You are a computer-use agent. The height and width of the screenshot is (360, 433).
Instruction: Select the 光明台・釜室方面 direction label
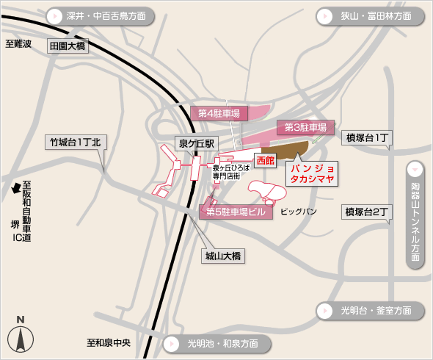click(x=371, y=311)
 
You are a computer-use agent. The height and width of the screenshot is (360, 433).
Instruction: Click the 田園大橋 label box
click(x=67, y=46)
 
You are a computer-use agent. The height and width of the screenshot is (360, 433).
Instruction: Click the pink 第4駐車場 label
click(x=219, y=113)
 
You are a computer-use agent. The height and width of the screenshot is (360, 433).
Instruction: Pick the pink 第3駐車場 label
click(x=301, y=127)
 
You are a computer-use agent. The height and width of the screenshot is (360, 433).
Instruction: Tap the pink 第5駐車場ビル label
click(x=235, y=212)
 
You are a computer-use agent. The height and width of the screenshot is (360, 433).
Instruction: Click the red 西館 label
click(x=264, y=159)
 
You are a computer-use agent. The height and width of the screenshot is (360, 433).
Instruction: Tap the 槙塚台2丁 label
click(x=368, y=212)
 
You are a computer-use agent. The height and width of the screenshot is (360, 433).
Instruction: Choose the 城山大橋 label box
click(x=223, y=256)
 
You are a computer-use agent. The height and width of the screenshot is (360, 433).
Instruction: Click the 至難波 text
click(x=18, y=44)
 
